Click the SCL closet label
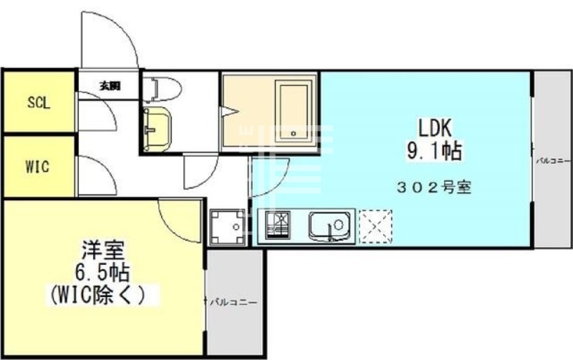(38, 102)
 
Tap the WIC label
(37, 167)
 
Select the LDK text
(434, 130)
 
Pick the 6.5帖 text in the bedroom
(102, 273)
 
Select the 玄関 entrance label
(110, 86)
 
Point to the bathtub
(292, 112)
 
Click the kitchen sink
(330, 227)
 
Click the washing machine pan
(228, 228)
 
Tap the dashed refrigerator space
(374, 226)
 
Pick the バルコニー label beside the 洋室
(233, 302)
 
